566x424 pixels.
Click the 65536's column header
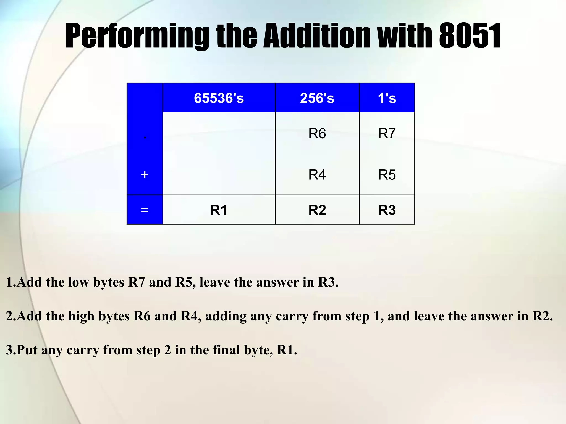[x=219, y=98]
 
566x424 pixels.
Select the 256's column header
[x=317, y=98]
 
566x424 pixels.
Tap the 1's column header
[x=387, y=98]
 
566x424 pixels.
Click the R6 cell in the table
[x=317, y=134]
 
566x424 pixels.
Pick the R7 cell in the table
[x=387, y=134]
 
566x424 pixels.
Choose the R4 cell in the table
[x=317, y=175]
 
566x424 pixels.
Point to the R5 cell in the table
[x=387, y=175]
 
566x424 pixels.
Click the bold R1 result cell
[x=219, y=210]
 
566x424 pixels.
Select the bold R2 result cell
[x=317, y=210]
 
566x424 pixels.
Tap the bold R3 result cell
[x=387, y=210]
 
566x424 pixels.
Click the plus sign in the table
[x=145, y=175]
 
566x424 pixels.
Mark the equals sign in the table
[x=145, y=210]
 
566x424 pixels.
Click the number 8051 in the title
[x=470, y=36]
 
